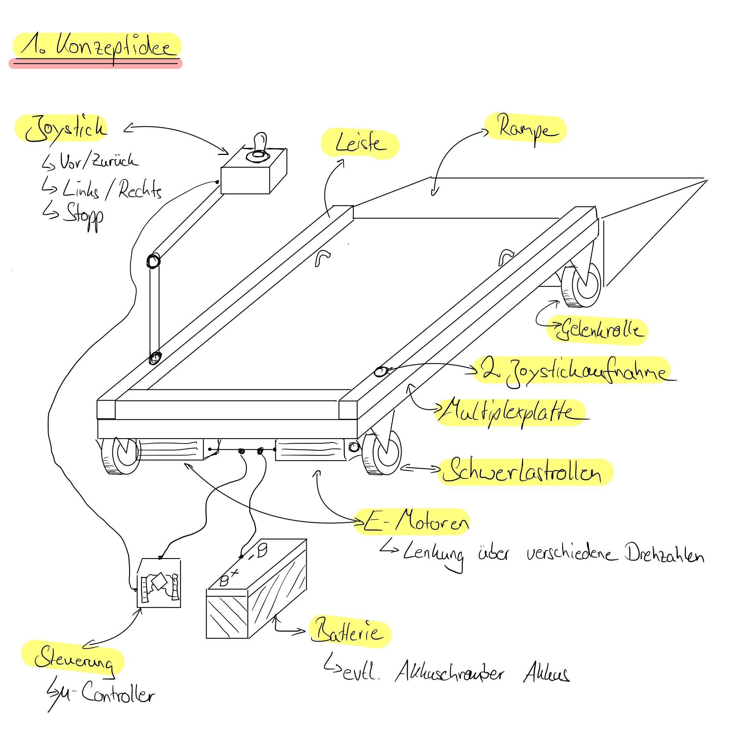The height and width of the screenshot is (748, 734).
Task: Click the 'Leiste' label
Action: pyautogui.click(x=360, y=144)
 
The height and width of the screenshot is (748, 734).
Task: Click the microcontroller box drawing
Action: pyautogui.click(x=159, y=583)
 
